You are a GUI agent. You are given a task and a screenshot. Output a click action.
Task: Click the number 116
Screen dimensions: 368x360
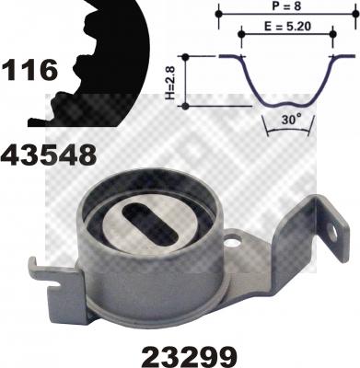(29, 68)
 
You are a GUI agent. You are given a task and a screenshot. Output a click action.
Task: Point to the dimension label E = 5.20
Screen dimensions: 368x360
(285, 28)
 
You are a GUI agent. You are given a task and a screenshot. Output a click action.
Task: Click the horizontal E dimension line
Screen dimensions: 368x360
(285, 36)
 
